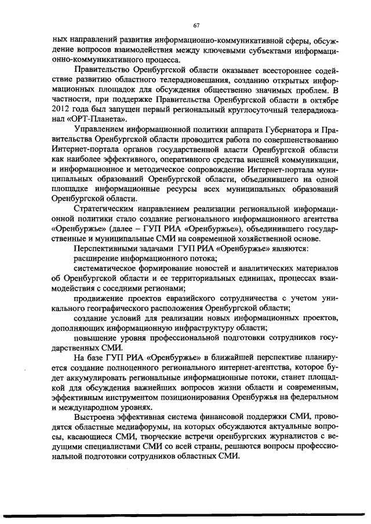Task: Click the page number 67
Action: pos(197,25)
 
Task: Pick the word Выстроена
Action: pos(94,418)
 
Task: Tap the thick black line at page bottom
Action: pos(185,514)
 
